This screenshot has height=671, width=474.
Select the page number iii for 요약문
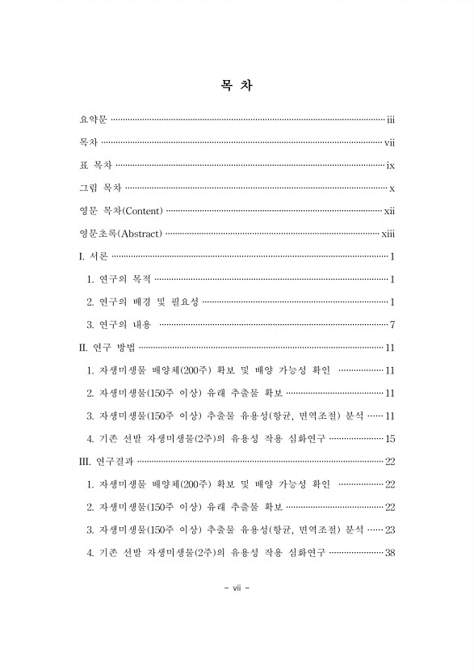pyautogui.click(x=389, y=120)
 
